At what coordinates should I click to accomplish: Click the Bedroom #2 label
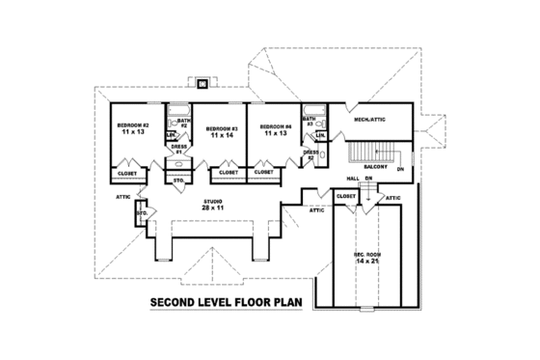click(131, 125)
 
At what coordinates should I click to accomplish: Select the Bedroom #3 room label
click(221, 128)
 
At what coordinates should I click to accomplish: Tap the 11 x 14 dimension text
click(222, 137)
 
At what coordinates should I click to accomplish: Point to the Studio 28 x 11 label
click(213, 205)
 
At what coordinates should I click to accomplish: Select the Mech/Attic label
click(370, 121)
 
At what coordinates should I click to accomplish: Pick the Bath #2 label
click(182, 124)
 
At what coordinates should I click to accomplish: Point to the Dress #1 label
click(178, 150)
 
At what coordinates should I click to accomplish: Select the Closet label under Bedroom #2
click(127, 174)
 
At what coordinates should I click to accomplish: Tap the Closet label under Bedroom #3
click(229, 173)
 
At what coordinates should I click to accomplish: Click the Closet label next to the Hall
click(345, 196)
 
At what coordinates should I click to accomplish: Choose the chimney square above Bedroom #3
click(202, 84)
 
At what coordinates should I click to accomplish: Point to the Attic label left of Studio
click(123, 196)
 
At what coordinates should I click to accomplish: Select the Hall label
click(353, 179)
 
